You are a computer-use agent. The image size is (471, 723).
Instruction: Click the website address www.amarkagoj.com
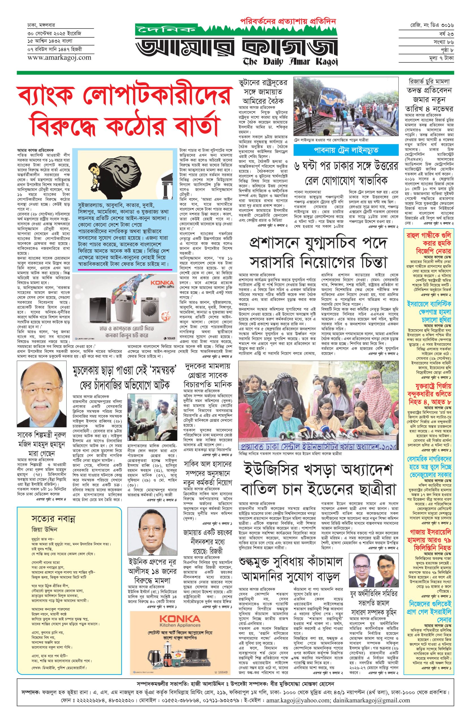(59, 57)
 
